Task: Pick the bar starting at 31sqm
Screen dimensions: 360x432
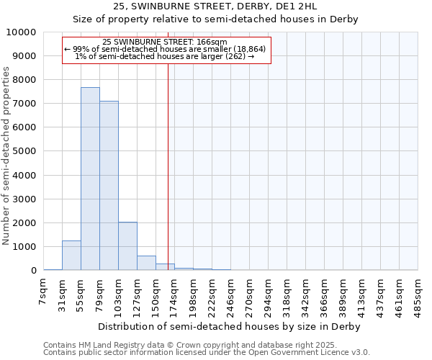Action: coord(71,256)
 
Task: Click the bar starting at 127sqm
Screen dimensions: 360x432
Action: coord(146,263)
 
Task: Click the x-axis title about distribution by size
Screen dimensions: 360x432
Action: coord(228,326)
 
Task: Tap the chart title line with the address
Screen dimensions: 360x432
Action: coord(215,6)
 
